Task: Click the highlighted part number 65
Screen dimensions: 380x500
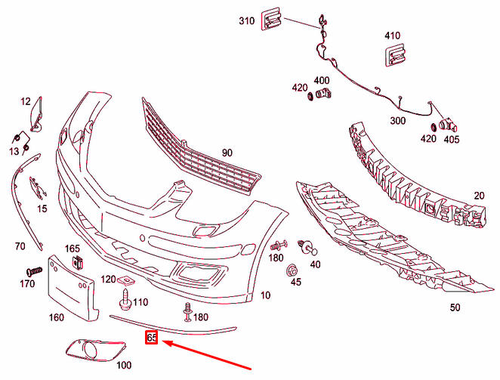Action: click(x=151, y=338)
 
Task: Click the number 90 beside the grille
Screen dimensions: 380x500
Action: click(x=227, y=153)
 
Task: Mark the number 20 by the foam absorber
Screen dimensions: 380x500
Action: click(x=478, y=195)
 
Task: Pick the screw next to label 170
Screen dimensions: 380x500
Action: click(x=34, y=270)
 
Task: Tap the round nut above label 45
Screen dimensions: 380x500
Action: click(x=291, y=270)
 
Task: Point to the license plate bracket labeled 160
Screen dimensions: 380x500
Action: click(x=72, y=287)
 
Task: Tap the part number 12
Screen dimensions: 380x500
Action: click(x=26, y=101)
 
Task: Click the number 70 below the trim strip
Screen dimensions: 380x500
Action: click(x=20, y=246)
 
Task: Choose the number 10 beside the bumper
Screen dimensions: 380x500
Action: click(x=264, y=295)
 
